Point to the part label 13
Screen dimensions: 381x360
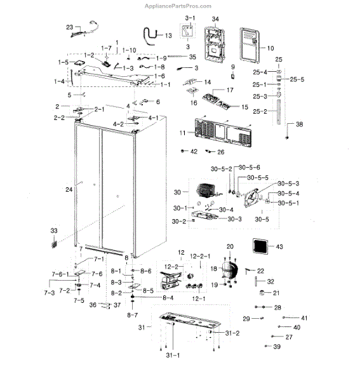point(168,36)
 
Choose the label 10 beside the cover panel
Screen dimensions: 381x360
point(269,48)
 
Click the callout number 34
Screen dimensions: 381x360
point(215,20)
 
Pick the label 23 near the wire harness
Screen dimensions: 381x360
point(70,27)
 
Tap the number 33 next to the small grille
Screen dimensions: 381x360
point(53,230)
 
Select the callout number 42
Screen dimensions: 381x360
point(194,152)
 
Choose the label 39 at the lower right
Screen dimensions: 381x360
point(276,347)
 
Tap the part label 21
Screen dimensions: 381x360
point(276,293)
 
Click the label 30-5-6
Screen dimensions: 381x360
point(250,167)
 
